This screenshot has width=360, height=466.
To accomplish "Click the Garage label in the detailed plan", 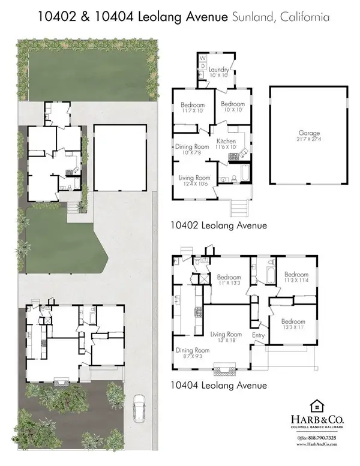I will (308, 134).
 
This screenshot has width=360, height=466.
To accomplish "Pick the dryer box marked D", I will (202, 66).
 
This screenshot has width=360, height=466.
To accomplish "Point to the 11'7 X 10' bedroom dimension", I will (193, 112).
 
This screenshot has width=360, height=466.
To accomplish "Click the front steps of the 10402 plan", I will (239, 208).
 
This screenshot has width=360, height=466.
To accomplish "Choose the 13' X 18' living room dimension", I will (226, 340).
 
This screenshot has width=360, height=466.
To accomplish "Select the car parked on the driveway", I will (140, 407).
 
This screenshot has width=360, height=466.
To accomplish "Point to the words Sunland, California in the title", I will (280, 17).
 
